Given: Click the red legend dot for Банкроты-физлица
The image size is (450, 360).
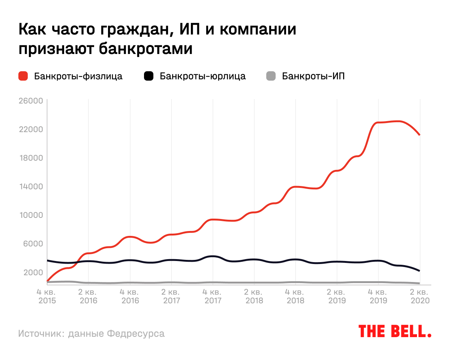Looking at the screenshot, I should [x=23, y=76].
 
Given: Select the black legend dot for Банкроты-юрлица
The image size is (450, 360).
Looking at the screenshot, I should [x=149, y=76].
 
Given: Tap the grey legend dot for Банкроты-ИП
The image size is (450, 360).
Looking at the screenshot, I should [x=271, y=76].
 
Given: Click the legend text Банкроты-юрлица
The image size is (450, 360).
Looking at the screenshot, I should [x=202, y=76].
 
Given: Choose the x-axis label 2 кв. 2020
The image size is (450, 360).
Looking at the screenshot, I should [x=420, y=296].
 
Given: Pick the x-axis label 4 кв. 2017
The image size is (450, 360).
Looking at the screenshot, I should [x=213, y=296].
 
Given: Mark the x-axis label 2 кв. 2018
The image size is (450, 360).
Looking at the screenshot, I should [x=254, y=296].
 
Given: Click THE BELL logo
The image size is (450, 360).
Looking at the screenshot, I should [x=395, y=331].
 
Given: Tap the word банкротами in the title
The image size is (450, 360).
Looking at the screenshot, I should [x=146, y=49].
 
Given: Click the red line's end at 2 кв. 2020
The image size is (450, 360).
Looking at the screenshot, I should [x=420, y=135].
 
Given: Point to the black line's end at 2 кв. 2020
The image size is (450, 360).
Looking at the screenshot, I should [x=420, y=270].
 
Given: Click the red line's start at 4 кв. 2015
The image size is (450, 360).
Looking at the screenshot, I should [x=47, y=280].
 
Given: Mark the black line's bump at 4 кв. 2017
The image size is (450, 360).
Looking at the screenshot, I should [x=213, y=256].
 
